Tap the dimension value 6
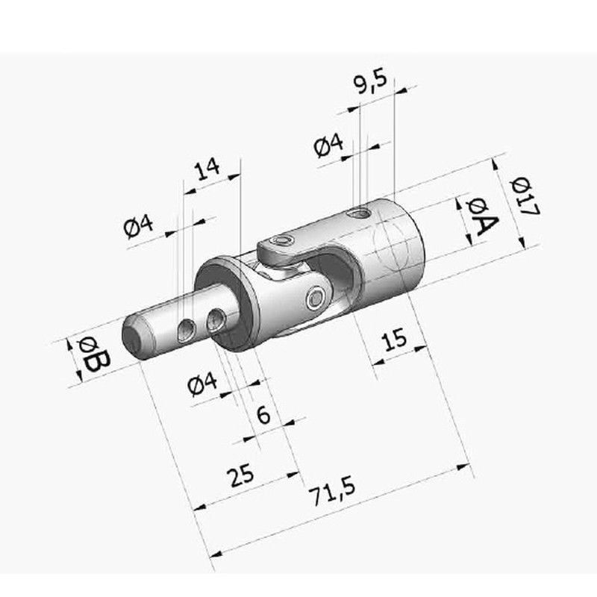click(263, 415)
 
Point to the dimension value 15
click(393, 340)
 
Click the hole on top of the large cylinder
click(361, 214)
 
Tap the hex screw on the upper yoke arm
click(281, 241)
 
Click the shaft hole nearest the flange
click(217, 320)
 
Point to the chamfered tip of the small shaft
click(133, 340)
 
